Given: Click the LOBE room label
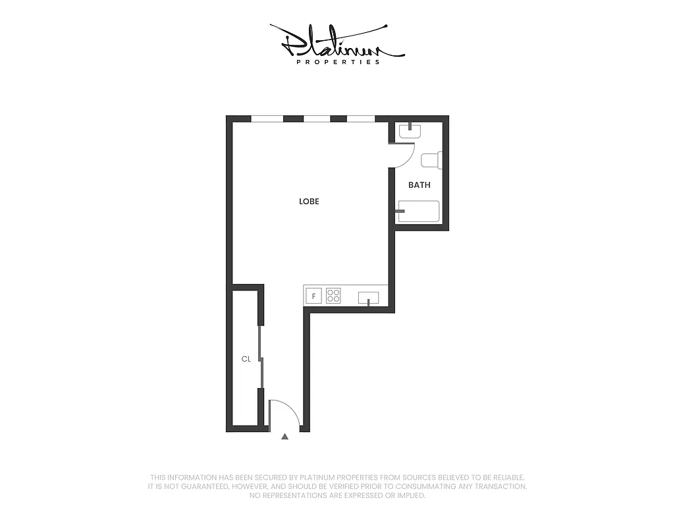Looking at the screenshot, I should pyautogui.click(x=309, y=202).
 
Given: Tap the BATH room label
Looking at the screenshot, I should pyautogui.click(x=419, y=185).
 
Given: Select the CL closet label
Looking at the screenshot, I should pyautogui.click(x=246, y=359).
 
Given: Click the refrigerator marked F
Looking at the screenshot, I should pyautogui.click(x=314, y=296).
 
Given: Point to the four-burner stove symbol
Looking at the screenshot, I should pyautogui.click(x=334, y=296).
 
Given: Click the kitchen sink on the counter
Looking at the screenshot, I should pyautogui.click(x=369, y=298).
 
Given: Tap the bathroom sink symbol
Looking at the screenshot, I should pyautogui.click(x=410, y=131).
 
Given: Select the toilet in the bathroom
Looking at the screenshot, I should pyautogui.click(x=431, y=161).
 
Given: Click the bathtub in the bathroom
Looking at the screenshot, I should pyautogui.click(x=419, y=212).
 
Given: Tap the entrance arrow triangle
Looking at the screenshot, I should pyautogui.click(x=284, y=436).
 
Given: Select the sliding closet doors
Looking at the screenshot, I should pyautogui.click(x=261, y=358).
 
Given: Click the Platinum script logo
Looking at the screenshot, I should pyautogui.click(x=336, y=41).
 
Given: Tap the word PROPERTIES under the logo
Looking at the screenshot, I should pyautogui.click(x=338, y=63).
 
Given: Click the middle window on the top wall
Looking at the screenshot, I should pyautogui.click(x=317, y=119).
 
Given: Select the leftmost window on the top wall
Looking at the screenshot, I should pyautogui.click(x=267, y=119).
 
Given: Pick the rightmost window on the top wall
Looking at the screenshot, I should pyautogui.click(x=361, y=119).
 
